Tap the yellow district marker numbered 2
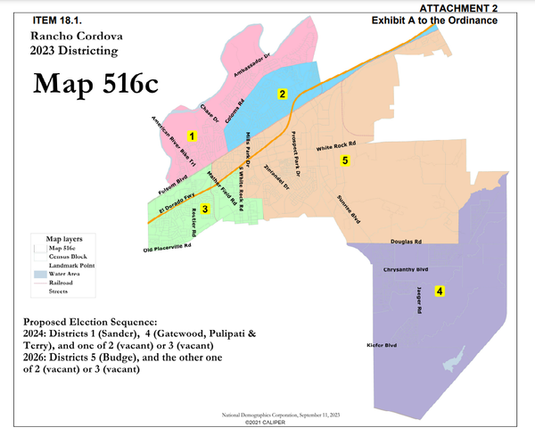click(282, 94)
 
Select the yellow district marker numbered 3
click(205, 210)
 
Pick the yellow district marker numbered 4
click(440, 291)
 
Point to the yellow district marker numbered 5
click(344, 161)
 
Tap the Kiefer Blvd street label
click(380, 345)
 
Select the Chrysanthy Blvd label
click(406, 267)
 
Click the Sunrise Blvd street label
click(348, 208)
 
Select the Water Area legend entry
click(66, 274)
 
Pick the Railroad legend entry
click(62, 282)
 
